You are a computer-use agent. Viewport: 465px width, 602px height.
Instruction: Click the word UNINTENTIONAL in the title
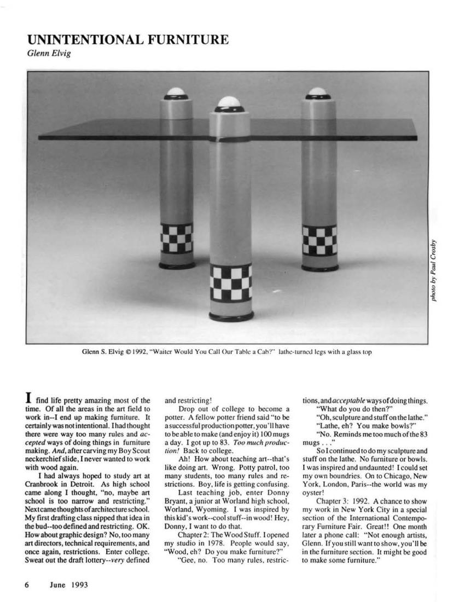[x=82, y=39]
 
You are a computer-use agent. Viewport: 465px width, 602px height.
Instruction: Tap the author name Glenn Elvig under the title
[x=48, y=53]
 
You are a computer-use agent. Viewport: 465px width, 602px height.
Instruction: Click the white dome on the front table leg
[x=227, y=102]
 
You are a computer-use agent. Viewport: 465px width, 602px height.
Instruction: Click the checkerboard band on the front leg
[x=230, y=281]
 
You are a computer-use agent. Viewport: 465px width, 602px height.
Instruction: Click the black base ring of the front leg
[x=230, y=316]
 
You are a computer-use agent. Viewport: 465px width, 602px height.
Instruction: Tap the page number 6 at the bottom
[x=26, y=584]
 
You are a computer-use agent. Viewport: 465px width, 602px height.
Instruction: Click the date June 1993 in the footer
[x=68, y=584]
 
